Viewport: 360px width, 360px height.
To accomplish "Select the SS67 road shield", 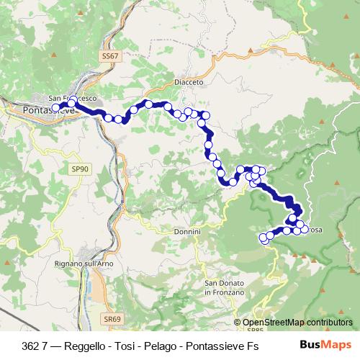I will click(x=109, y=55).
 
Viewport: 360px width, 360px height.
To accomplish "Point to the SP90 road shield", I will click(x=80, y=168).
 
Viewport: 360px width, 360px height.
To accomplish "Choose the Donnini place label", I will click(x=186, y=232).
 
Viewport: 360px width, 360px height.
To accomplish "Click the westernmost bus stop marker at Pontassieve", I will click(x=55, y=108).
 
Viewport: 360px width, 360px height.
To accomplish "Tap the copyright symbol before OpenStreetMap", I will click(x=238, y=323).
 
